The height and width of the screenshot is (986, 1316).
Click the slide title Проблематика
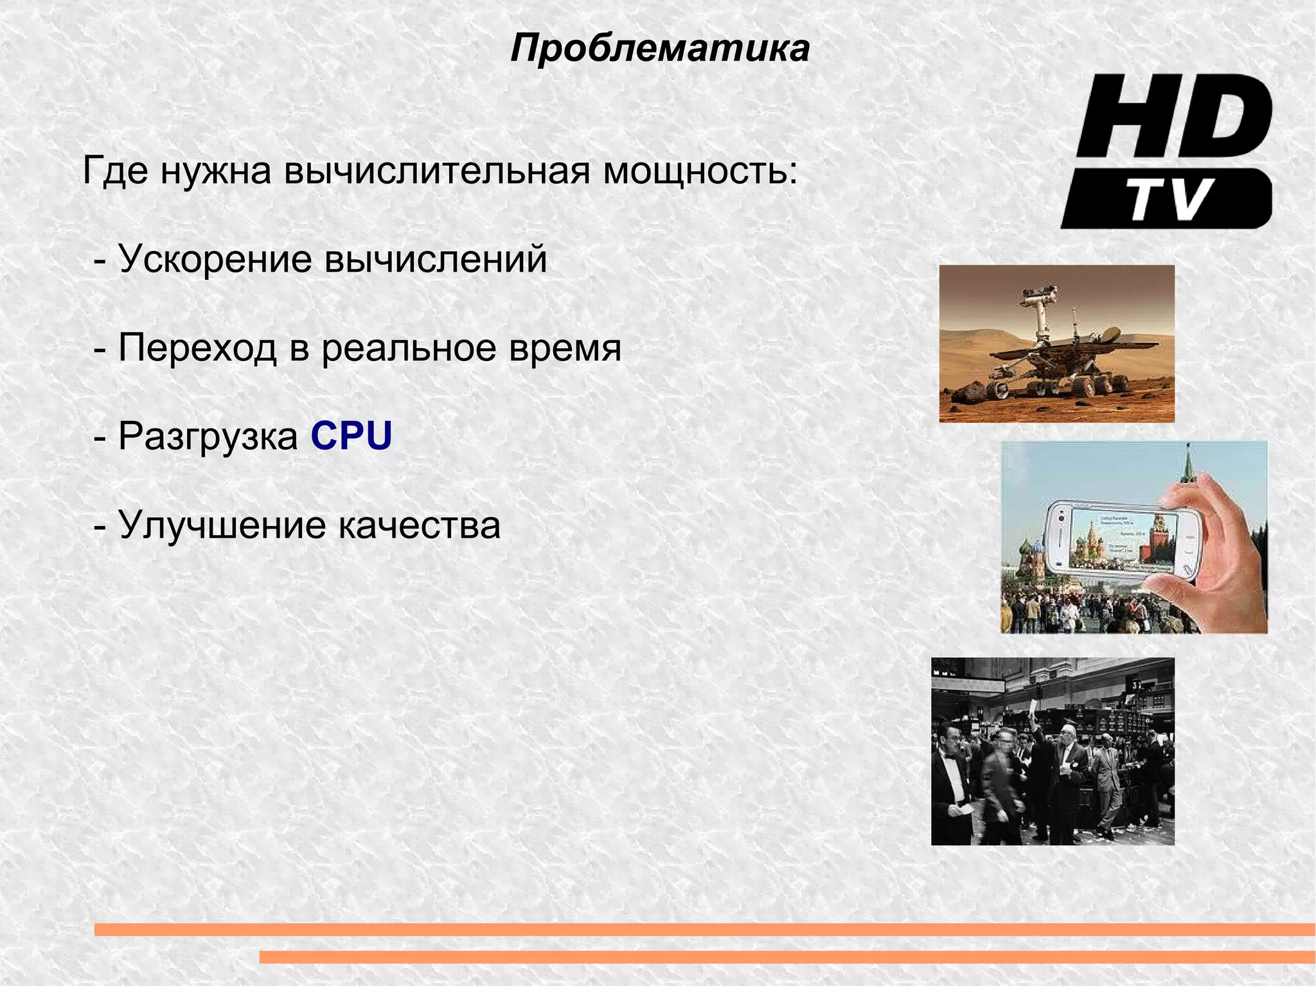coord(660,49)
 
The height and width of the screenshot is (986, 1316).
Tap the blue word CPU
coord(351,437)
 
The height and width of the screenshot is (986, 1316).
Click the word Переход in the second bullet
coord(198,348)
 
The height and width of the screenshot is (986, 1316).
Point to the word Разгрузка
coord(208,437)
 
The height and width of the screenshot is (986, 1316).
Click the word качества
coord(419,525)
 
